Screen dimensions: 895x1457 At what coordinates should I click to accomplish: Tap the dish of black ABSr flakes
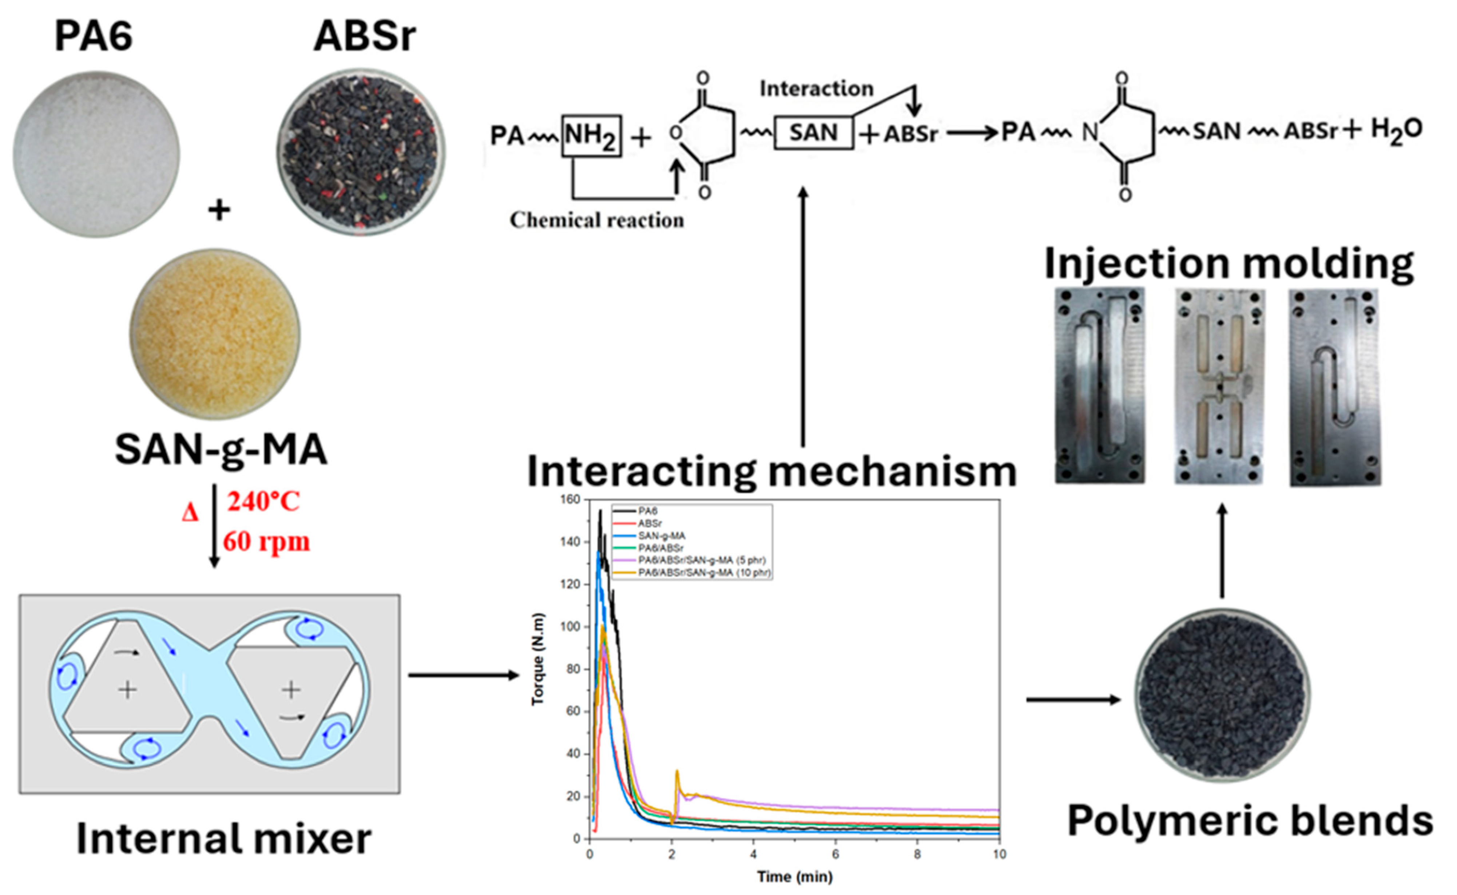[362, 154]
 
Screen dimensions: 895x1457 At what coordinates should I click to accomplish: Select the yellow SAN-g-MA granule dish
[215, 333]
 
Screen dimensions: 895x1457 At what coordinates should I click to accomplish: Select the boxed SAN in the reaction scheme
[813, 132]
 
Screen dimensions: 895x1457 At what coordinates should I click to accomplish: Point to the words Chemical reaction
[596, 220]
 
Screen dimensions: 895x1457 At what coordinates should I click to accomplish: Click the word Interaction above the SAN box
[816, 89]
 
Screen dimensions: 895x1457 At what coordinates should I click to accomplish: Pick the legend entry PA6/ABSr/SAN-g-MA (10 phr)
[704, 573]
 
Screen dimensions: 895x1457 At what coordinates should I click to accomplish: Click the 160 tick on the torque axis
[571, 500]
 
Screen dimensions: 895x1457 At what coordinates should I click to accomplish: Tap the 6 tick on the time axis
[835, 854]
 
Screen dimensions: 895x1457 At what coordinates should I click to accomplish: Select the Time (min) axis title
[794, 877]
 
